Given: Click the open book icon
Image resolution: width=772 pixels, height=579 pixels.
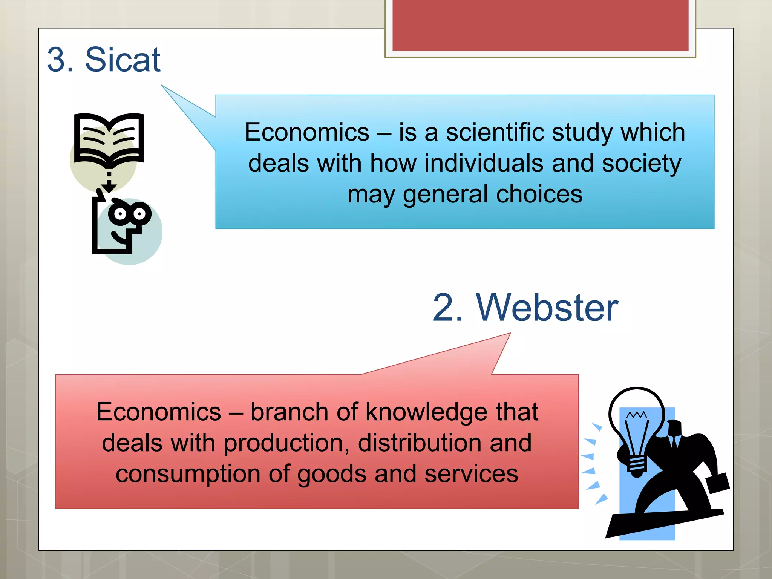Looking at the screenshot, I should [109, 139].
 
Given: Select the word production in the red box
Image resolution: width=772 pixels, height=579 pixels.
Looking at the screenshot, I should [286, 443].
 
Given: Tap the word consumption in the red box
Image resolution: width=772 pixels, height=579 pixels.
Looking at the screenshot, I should [188, 474].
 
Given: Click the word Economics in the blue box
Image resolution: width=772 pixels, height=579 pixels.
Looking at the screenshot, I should [307, 132].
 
